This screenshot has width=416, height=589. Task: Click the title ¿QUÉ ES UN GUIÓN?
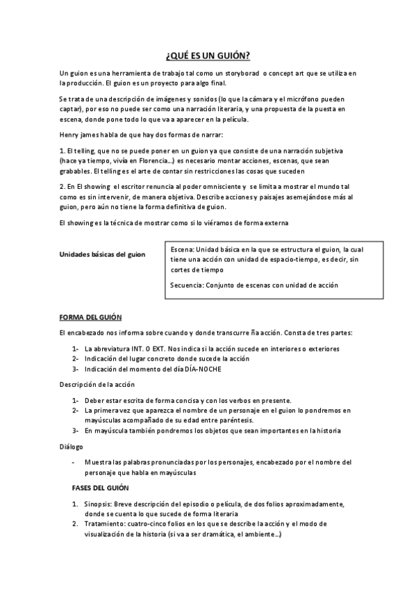208,56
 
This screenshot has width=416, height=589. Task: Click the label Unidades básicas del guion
103,254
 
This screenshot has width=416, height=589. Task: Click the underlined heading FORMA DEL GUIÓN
90,317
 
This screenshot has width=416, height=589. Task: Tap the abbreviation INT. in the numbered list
144,348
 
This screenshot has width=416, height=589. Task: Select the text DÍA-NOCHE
203,369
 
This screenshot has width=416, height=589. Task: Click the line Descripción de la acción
97,384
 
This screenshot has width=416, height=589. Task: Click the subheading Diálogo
71,447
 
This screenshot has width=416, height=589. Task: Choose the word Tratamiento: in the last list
108,524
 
